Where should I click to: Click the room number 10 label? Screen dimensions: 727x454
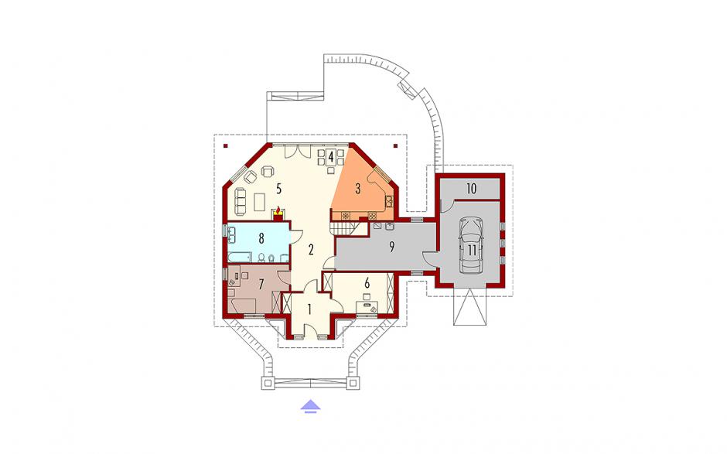(472, 189)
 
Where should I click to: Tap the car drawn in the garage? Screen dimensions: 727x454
(471, 246)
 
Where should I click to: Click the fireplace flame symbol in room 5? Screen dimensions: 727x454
(278, 210)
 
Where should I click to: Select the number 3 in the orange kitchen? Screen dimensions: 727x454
(358, 189)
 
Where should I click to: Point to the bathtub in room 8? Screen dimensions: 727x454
(239, 257)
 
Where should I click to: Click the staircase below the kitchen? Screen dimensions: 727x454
(344, 228)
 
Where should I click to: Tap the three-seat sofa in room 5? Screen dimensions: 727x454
(241, 201)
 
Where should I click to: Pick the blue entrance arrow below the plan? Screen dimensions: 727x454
(311, 406)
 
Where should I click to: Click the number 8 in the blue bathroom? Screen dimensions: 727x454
(261, 238)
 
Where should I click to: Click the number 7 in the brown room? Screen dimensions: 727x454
(261, 283)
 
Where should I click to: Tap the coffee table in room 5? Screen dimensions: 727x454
(260, 202)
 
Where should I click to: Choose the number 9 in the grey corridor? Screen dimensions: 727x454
(392, 247)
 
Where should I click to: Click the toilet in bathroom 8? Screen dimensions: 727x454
(261, 258)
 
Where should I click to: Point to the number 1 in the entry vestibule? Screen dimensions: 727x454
(310, 308)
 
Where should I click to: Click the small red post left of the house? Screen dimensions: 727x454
(226, 146)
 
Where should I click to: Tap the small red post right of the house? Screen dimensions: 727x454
(395, 146)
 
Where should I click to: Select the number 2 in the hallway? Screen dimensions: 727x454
(311, 250)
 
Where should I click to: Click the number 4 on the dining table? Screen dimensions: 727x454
(330, 157)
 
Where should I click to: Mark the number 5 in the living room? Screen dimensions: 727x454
(278, 188)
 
